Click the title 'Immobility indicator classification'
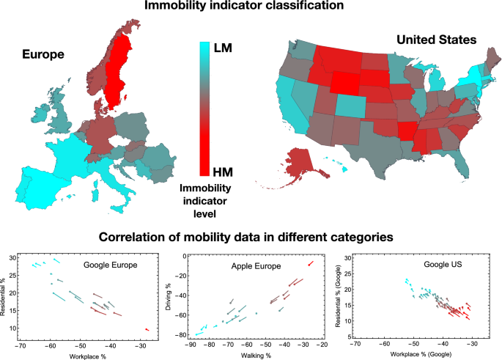tap(250, 7)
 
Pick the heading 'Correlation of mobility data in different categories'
tap(251, 238)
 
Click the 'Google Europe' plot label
tap(111, 265)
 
